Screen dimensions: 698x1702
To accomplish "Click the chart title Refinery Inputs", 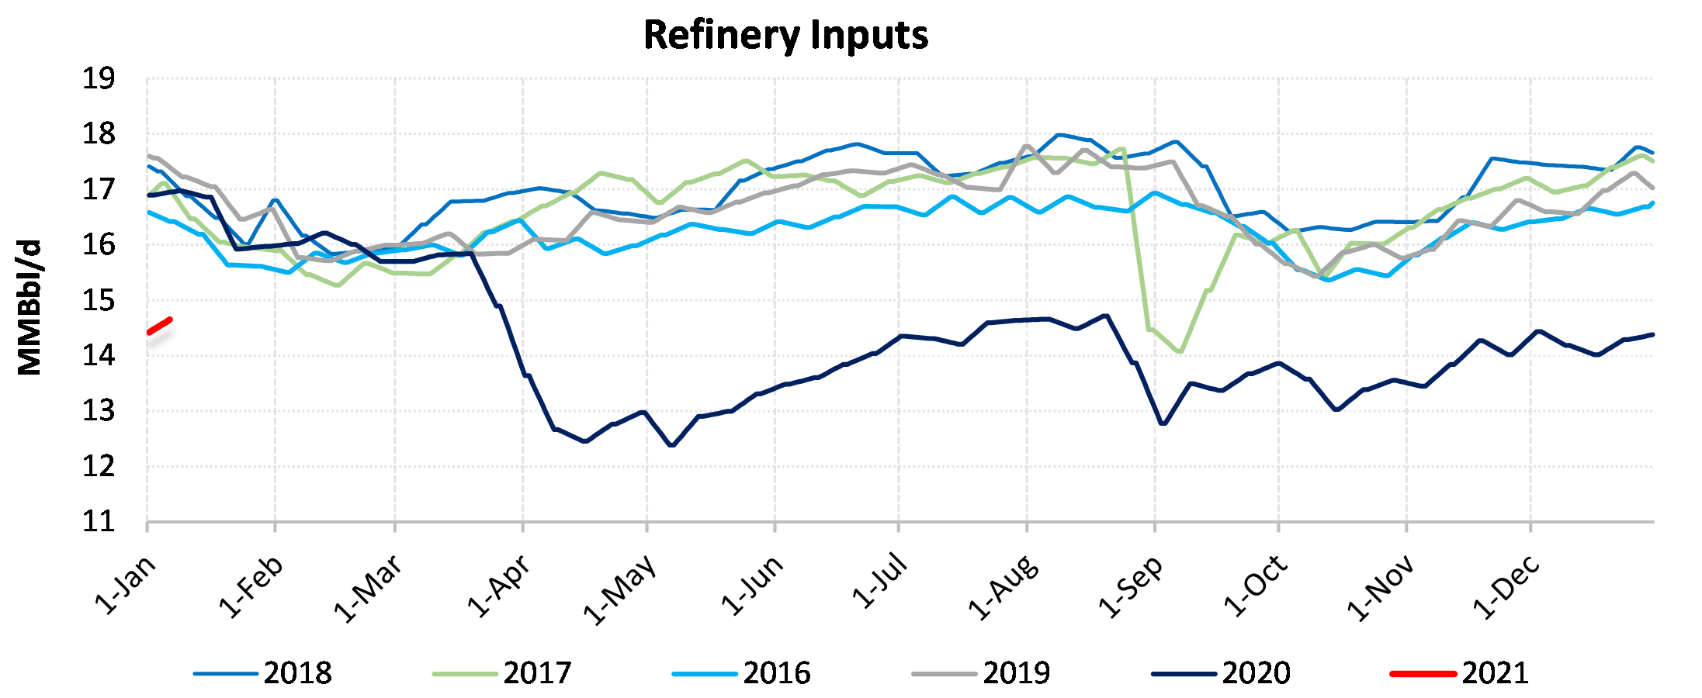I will tap(785, 36).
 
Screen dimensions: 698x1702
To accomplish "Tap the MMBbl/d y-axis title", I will tap(29, 308).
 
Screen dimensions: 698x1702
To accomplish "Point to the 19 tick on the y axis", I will tap(99, 79).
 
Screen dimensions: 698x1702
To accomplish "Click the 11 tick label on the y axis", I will tap(99, 522).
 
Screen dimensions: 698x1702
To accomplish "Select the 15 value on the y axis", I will tap(99, 301).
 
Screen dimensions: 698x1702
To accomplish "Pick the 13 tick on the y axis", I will tap(99, 411).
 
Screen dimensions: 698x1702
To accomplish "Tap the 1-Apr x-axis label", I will tap(499, 586).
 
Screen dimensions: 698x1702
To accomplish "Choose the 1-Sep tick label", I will tap(1131, 586).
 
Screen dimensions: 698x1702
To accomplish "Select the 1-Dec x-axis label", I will tap(1506, 586).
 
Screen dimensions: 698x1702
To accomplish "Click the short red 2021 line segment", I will tap(159, 326).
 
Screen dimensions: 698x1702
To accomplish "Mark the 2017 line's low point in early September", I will tap(1180, 351).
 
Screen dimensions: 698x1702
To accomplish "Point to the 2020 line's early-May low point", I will tap(671, 445).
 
